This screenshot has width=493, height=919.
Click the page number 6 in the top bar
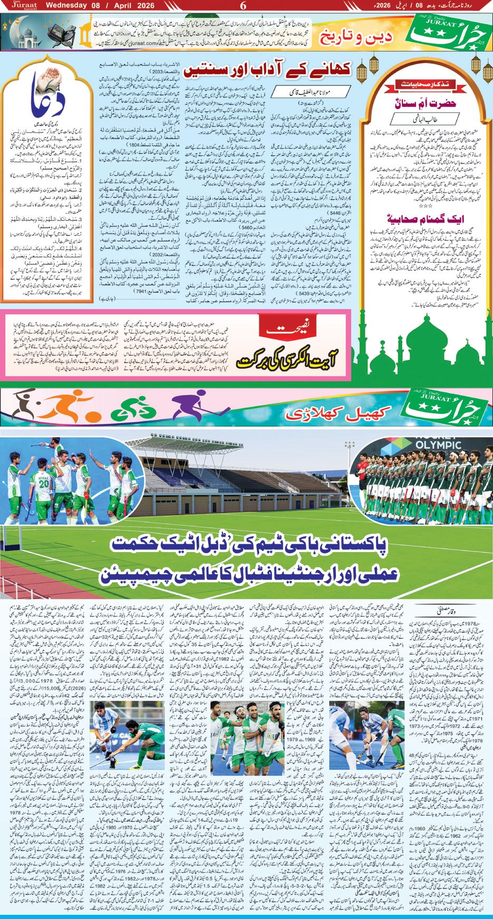click(x=244, y=5)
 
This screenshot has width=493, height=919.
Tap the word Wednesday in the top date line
click(x=66, y=5)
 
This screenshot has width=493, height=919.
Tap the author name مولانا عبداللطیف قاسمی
click(x=310, y=91)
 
